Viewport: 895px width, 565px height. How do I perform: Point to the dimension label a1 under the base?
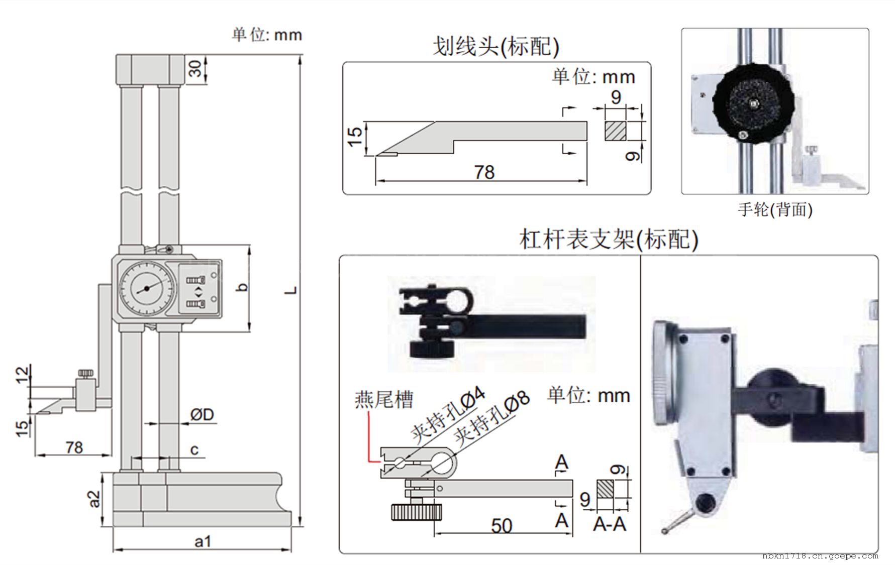(203, 542)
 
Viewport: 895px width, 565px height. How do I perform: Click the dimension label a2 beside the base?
(94, 499)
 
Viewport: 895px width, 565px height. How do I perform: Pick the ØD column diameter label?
(202, 415)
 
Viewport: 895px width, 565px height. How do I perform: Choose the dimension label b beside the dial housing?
(243, 287)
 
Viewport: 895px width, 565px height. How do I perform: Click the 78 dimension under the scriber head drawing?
(484, 173)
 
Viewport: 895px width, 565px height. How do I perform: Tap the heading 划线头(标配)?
(496, 47)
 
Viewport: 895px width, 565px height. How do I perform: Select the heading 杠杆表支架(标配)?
(609, 240)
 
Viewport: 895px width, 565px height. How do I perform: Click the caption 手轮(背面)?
(775, 209)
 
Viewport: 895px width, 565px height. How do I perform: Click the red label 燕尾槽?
(384, 400)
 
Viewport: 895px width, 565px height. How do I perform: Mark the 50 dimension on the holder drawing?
(502, 526)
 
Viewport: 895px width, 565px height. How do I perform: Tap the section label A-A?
(609, 524)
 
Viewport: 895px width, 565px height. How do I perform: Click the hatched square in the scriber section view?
(616, 131)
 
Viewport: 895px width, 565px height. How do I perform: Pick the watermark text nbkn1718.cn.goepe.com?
(820, 556)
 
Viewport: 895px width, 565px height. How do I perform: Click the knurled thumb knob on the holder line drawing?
(417, 513)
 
